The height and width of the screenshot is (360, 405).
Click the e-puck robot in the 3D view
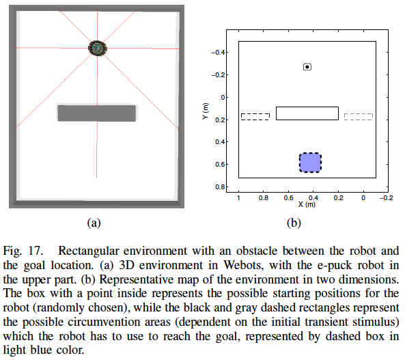(98, 48)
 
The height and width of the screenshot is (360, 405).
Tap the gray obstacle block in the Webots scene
(96, 113)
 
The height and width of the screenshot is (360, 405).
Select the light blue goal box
(310, 163)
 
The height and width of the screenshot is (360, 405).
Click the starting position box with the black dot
(307, 67)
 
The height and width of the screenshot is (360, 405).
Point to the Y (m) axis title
(206, 111)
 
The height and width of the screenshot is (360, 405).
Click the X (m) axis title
(307, 204)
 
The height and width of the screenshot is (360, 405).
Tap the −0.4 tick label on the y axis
(219, 53)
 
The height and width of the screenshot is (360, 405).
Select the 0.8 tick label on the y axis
(220, 187)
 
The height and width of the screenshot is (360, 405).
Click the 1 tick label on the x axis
(238, 198)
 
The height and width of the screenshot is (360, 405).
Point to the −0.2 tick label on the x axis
(387, 198)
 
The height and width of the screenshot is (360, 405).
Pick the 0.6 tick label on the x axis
(288, 198)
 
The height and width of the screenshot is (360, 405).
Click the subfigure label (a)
(94, 223)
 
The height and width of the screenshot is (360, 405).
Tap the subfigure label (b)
(294, 223)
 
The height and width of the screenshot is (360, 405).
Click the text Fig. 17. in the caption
(23, 251)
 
